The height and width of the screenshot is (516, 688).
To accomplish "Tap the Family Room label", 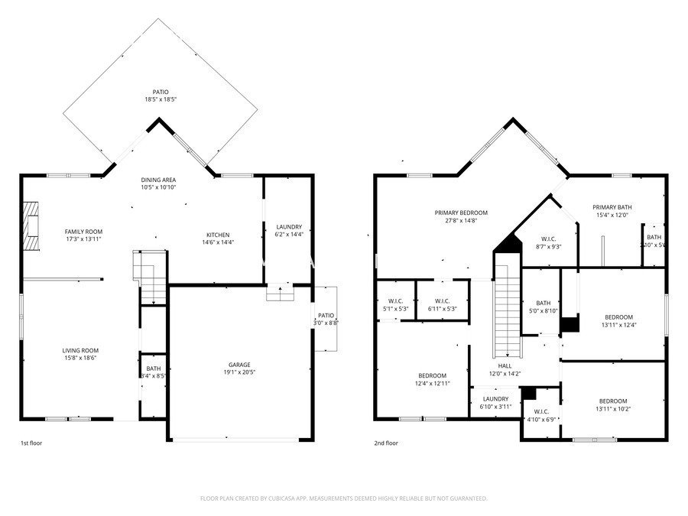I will coord(83,232).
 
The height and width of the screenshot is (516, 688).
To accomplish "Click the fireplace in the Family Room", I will coord(31,226).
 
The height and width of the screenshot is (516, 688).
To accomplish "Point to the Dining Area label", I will coord(158,179).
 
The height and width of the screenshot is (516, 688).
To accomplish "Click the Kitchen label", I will coord(218,235).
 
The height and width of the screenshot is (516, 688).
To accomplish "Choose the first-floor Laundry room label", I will coord(289,227).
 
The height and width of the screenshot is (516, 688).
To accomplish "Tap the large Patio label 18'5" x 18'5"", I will coord(160,92).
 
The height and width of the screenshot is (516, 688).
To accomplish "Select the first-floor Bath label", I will coord(154,368).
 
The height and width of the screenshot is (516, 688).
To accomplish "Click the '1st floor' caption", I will coord(31,443).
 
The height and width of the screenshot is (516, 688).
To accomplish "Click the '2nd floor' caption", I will coord(386,443).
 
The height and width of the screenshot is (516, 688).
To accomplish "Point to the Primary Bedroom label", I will coord(461,213).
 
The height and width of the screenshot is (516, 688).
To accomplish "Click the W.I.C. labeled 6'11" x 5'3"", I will coord(441,300).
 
